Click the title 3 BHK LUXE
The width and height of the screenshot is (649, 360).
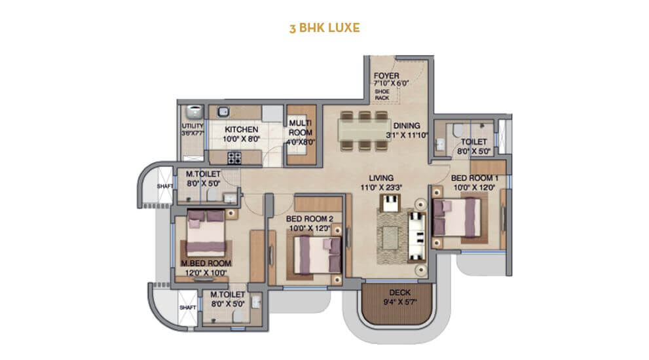(x=324, y=29)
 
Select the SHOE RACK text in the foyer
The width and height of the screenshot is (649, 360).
(x=381, y=96)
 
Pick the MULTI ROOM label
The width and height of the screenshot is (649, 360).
(x=301, y=127)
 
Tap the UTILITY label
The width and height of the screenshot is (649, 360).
(x=193, y=126)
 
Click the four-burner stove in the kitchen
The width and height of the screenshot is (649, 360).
(x=234, y=157)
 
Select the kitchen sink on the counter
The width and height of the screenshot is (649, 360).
(x=223, y=111)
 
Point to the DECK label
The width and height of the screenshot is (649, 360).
(x=399, y=293)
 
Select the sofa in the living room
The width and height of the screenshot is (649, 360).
(x=416, y=234)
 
